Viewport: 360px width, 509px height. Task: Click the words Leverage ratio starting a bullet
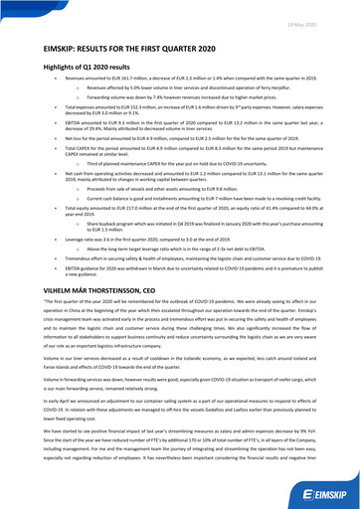pos(63,240)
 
